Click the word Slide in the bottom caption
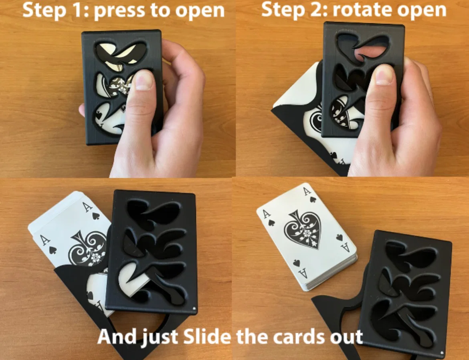pos(207,336)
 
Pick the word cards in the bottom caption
pos(299,336)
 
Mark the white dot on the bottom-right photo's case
pos(442,353)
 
